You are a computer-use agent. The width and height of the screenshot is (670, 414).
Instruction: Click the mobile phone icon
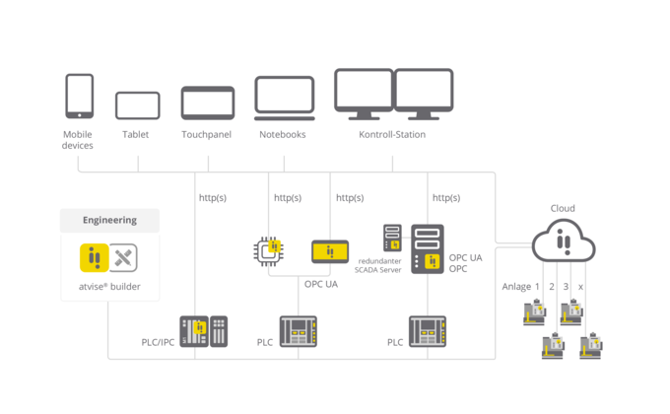click(79, 96)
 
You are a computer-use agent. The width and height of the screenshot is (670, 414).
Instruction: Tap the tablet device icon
click(137, 105)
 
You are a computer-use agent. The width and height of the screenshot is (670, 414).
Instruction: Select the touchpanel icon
click(207, 103)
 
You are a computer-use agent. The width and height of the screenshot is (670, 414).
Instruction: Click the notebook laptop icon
click(285, 99)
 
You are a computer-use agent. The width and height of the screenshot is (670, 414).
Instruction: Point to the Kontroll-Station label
click(392, 134)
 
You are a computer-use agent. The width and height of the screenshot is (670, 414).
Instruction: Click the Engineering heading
click(109, 220)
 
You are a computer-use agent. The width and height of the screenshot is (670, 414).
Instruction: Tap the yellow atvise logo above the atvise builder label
click(94, 258)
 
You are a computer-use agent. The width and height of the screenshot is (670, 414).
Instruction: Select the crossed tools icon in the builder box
click(123, 258)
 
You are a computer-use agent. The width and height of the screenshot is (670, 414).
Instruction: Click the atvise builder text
click(110, 287)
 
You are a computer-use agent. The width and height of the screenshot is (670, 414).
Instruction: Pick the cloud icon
click(563, 241)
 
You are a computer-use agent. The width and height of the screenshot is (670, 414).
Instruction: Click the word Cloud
click(563, 208)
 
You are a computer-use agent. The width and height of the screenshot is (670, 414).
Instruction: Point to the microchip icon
click(269, 251)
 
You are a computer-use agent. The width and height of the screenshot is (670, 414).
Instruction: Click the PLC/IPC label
click(158, 342)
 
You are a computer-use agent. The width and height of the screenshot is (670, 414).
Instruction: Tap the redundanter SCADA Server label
click(379, 263)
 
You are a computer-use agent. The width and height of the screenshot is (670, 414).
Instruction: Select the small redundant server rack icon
click(392, 237)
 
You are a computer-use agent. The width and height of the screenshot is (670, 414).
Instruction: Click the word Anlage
click(516, 287)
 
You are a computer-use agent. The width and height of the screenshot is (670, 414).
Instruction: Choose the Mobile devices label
click(78, 140)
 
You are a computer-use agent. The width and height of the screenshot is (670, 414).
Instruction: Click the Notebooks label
click(283, 134)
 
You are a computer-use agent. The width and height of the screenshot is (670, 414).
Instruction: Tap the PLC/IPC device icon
click(203, 331)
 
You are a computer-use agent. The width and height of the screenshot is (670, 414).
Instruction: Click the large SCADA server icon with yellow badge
click(428, 249)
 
